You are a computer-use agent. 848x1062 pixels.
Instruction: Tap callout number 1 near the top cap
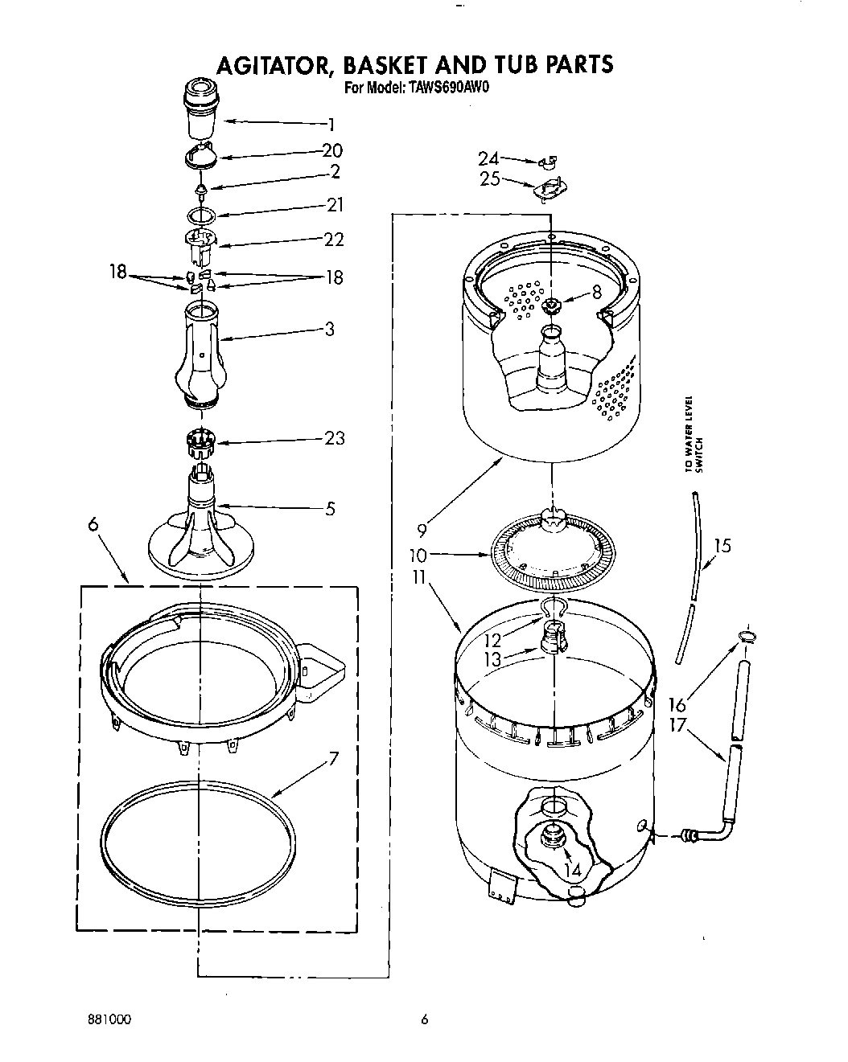[x=330, y=125]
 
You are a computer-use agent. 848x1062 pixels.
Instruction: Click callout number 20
[x=332, y=150]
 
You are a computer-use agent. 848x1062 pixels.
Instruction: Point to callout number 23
[x=334, y=438]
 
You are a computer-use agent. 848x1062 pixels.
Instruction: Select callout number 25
[x=489, y=178]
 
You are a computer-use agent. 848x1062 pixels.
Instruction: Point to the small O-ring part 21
[x=203, y=215]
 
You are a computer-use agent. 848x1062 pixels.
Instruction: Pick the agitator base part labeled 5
[x=201, y=531]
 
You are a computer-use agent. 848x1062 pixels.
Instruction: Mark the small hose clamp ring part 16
[x=746, y=638]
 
